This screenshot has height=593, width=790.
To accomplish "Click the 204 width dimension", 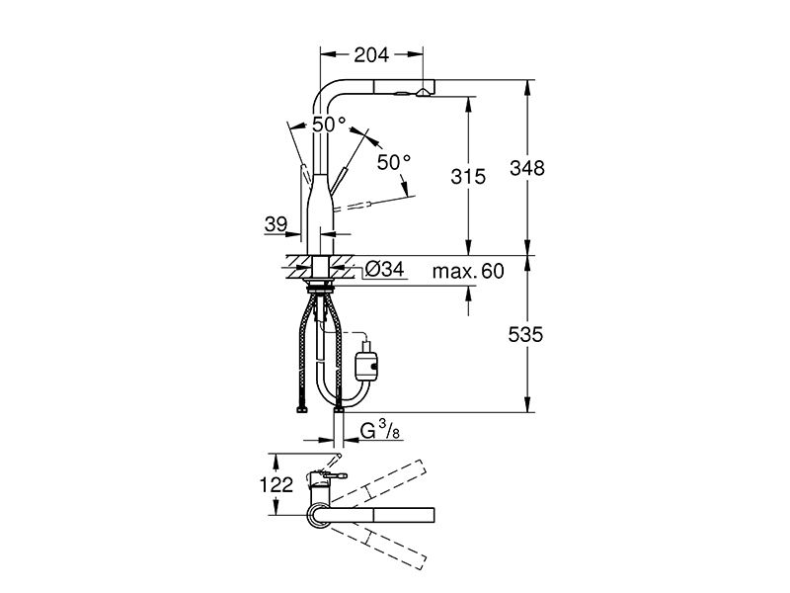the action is pyautogui.click(x=371, y=55).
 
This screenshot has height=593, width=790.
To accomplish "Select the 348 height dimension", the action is pyautogui.click(x=527, y=168).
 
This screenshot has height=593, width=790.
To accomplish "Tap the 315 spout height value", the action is pyautogui.click(x=468, y=177).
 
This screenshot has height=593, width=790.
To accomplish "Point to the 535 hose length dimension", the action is pyautogui.click(x=525, y=334).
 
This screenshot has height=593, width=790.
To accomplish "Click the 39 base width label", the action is pyautogui.click(x=276, y=224).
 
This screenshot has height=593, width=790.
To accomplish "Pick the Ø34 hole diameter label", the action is pyautogui.click(x=384, y=269).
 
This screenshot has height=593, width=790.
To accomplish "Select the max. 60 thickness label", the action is pyautogui.click(x=468, y=271).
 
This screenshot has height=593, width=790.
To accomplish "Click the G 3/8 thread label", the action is pyautogui.click(x=381, y=431).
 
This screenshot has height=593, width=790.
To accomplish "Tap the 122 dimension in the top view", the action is pyautogui.click(x=276, y=484).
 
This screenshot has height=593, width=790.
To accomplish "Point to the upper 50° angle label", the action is pyautogui.click(x=329, y=125).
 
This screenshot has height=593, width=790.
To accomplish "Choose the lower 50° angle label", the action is pyautogui.click(x=394, y=162).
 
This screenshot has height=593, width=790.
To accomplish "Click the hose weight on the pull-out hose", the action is pyautogui.click(x=366, y=362).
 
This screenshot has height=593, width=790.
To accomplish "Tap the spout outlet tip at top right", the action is pyautogui.click(x=424, y=92).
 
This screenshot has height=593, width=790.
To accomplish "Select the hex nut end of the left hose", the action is pyautogui.click(x=302, y=410).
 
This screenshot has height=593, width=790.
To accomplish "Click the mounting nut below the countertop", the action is pyautogui.click(x=320, y=288).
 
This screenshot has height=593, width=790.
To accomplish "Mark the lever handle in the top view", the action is pyautogui.click(x=334, y=475).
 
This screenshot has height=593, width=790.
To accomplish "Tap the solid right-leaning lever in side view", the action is pyautogui.click(x=340, y=181).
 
